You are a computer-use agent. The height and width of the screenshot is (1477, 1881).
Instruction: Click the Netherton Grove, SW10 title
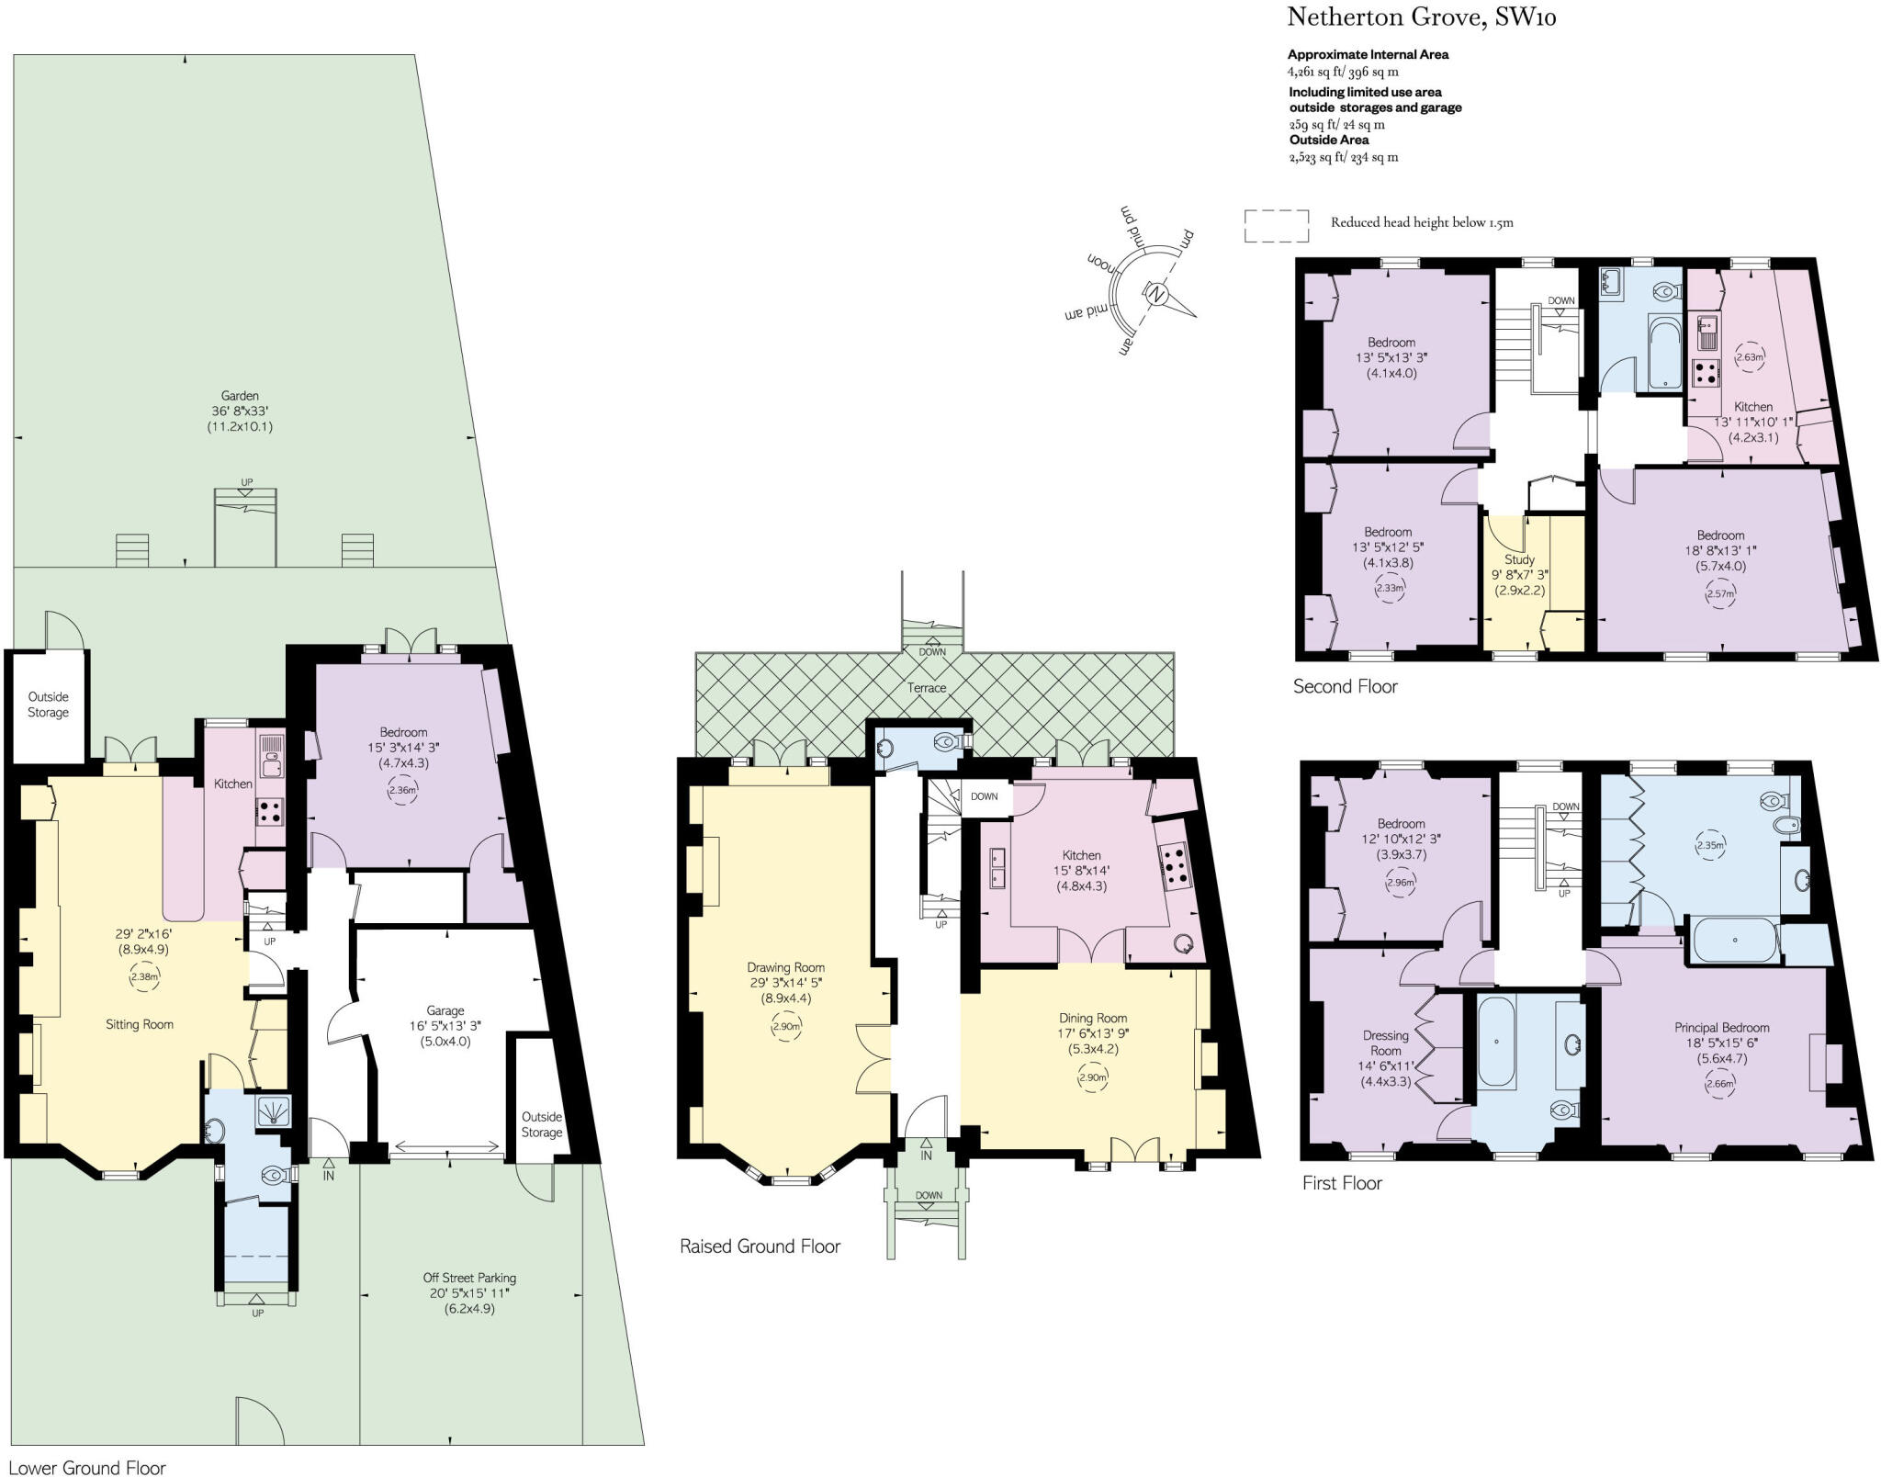pyautogui.click(x=1421, y=17)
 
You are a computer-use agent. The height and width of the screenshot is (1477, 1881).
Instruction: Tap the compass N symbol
pyautogui.click(x=1157, y=295)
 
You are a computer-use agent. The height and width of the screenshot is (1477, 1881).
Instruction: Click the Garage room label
pyautogui.click(x=445, y=1010)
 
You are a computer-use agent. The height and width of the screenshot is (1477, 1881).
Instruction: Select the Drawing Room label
pyautogui.click(x=785, y=967)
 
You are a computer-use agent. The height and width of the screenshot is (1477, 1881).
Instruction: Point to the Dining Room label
pyautogui.click(x=1092, y=1018)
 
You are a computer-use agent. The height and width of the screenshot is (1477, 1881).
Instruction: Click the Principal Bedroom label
pyautogui.click(x=1720, y=1028)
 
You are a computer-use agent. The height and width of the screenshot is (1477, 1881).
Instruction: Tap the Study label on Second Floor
pyautogui.click(x=1519, y=559)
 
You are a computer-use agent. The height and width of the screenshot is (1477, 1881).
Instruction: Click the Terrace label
pyautogui.click(x=926, y=688)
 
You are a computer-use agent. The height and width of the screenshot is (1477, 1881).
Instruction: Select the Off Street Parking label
pyautogui.click(x=469, y=1278)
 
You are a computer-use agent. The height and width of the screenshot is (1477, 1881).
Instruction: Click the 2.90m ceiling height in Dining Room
pyautogui.click(x=1092, y=1077)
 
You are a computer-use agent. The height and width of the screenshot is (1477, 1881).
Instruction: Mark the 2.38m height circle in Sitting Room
pyautogui.click(x=144, y=976)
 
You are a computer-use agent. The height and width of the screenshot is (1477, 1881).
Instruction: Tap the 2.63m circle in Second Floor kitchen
pyautogui.click(x=1750, y=357)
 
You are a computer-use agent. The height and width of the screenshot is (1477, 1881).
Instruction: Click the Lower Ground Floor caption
pyautogui.click(x=87, y=1468)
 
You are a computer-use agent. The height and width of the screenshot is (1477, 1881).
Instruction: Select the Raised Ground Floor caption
pyautogui.click(x=760, y=1246)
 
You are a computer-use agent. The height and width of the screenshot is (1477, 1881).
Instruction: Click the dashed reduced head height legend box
pyautogui.click(x=1276, y=225)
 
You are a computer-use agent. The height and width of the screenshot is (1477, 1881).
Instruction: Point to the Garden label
pyautogui.click(x=240, y=396)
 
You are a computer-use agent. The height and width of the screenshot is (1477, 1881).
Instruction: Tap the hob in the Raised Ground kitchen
pyautogui.click(x=1175, y=866)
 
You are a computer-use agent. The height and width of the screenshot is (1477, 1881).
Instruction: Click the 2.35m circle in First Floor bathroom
pyautogui.click(x=1709, y=845)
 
